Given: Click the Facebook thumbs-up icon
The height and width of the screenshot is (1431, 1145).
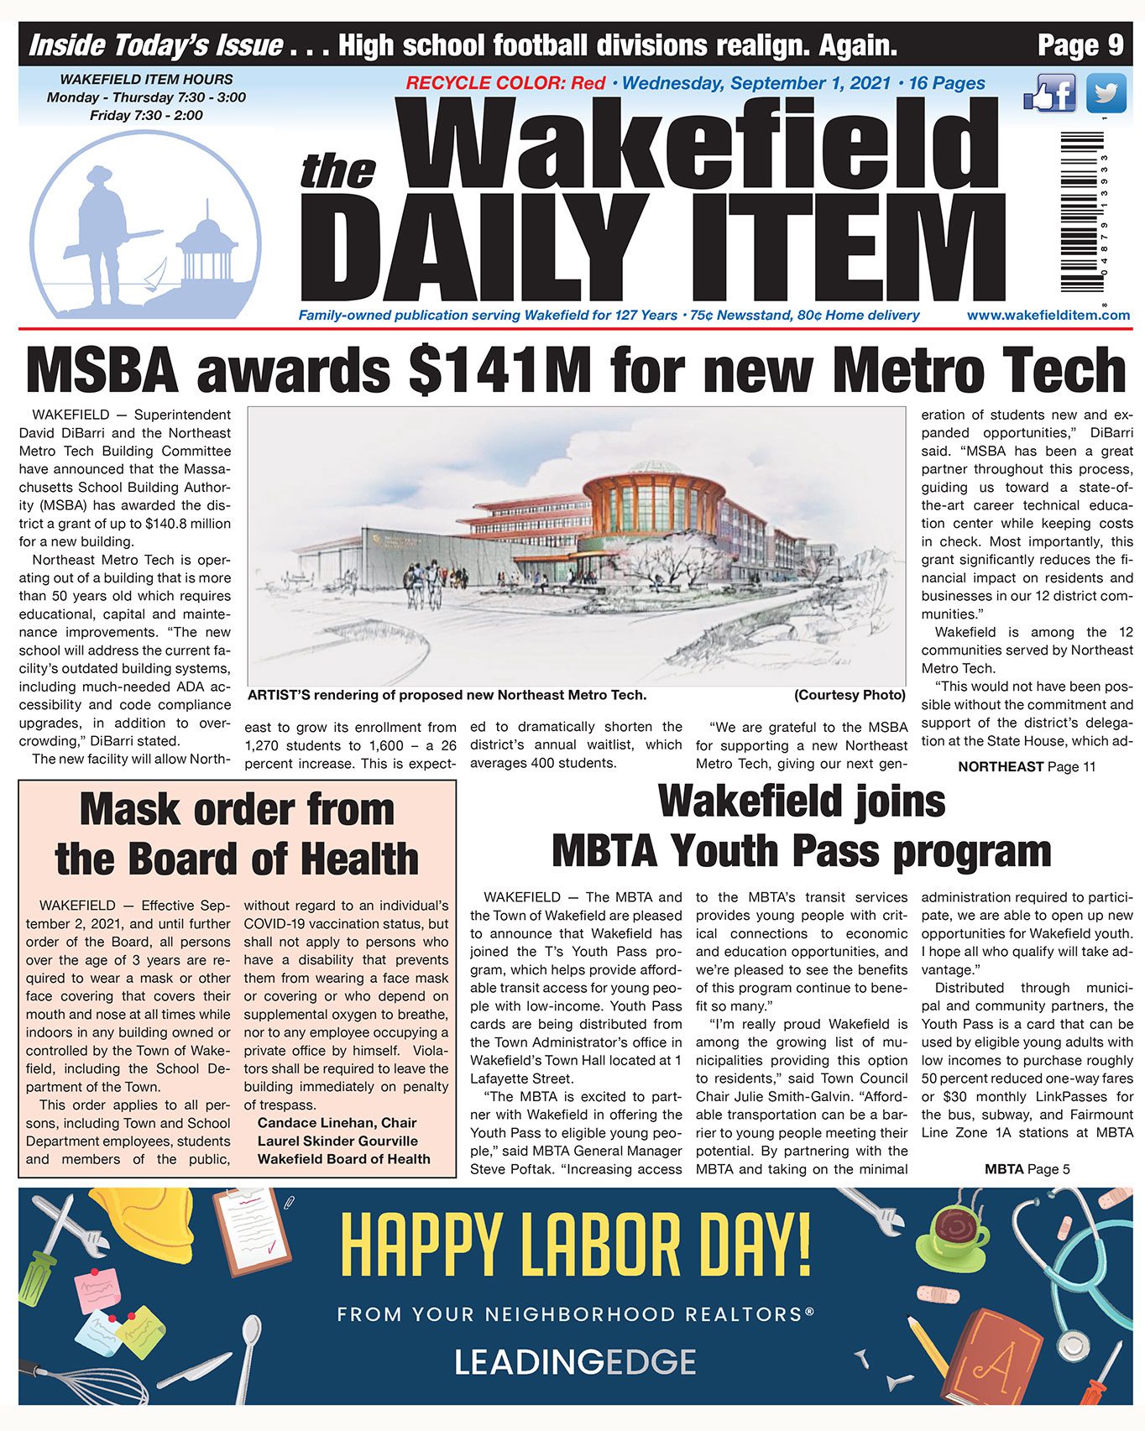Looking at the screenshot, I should pos(1050,93).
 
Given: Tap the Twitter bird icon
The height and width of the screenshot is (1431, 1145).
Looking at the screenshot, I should pos(1106,93).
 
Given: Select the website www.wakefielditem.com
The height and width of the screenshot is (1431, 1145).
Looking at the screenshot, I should pos(1048,316).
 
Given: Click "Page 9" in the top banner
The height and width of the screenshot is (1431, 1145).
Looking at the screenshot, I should pos(1080,44).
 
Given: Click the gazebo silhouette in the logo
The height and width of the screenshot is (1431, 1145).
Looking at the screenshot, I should pos(206,248).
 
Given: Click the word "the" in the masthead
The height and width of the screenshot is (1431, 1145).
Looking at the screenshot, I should pos(337,170).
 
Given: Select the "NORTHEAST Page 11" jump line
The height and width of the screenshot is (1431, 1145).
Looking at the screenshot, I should pos(1026,766).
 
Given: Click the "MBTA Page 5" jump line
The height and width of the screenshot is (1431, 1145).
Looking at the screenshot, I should pos(1027,1168).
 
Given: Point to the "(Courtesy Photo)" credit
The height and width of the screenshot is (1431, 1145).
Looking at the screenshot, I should pos(849,695).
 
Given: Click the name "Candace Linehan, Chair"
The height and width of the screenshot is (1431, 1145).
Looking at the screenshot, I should pos(337,1123).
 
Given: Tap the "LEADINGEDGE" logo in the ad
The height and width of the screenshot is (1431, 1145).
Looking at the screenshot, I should pos(575,1361).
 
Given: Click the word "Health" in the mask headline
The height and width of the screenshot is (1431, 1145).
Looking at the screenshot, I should pos(360,859).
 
